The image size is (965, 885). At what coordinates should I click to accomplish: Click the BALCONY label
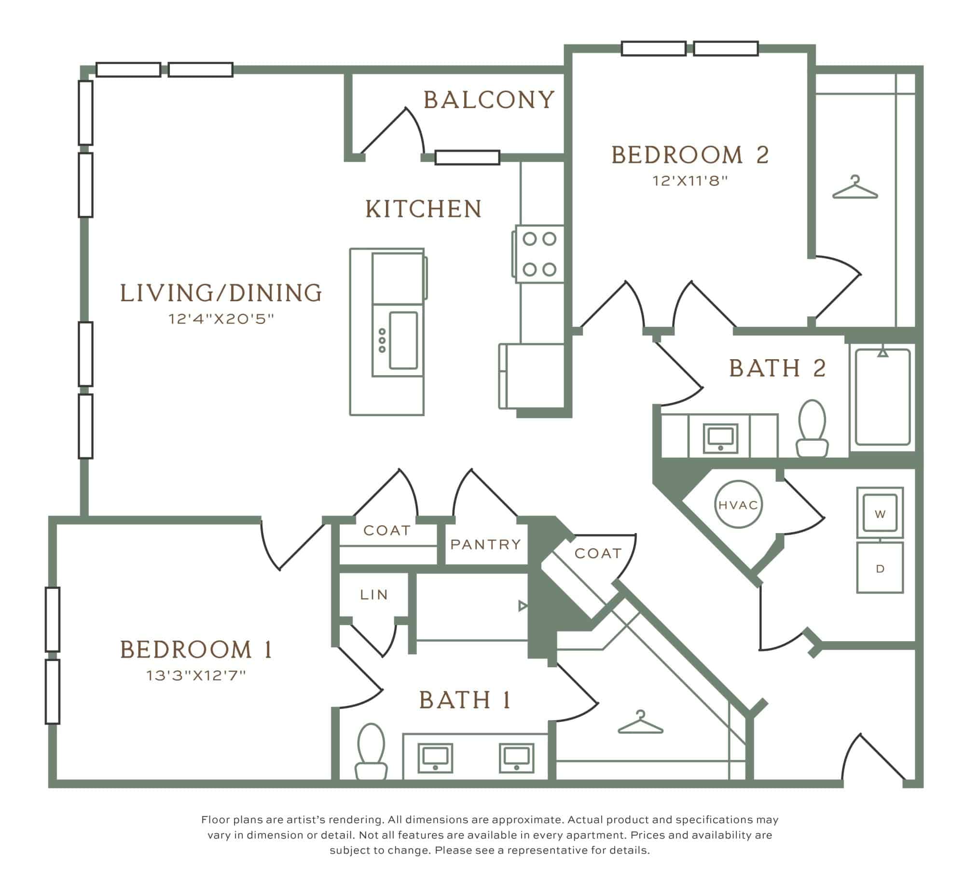[489, 100]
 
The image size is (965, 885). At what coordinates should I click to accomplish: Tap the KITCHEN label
[424, 209]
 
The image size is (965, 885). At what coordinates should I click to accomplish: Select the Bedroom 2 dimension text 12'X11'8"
[690, 181]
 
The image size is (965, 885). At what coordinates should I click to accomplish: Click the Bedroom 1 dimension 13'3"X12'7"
[196, 675]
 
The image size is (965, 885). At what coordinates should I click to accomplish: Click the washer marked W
[880, 513]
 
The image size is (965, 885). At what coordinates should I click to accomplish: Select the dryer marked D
[880, 568]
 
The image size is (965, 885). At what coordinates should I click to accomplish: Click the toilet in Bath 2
[812, 428]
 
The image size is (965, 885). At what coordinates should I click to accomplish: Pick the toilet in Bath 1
[371, 751]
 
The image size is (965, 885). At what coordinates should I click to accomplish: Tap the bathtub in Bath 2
[882, 397]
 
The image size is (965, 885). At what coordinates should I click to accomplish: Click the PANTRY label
[486, 545]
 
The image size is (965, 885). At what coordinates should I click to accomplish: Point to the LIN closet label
[374, 595]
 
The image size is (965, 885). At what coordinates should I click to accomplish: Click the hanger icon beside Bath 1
[640, 722]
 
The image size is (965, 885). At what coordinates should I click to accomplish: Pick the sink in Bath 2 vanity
[720, 438]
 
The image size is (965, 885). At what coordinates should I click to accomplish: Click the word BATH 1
[465, 700]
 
